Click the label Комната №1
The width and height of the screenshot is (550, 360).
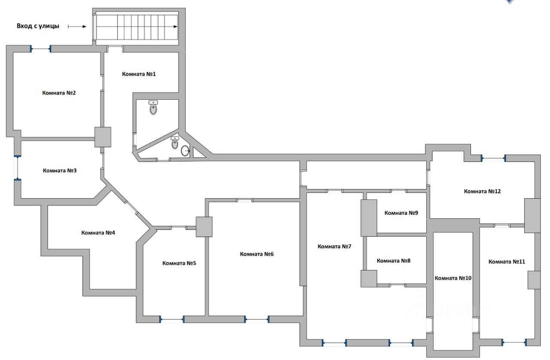point(139,74)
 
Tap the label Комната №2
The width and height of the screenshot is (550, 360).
point(59,93)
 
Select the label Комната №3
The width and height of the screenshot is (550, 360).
point(60,171)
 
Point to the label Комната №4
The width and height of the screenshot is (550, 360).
point(98,233)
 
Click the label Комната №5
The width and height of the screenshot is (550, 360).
point(179,263)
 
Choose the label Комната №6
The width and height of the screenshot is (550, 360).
point(257,254)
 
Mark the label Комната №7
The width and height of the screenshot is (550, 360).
point(334,246)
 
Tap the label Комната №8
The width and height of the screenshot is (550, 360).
point(394,260)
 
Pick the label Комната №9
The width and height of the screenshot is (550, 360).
point(401,213)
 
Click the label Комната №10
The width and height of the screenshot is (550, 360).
point(453,278)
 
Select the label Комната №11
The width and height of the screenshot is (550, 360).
point(507,261)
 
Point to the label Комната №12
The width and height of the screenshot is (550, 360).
point(482,191)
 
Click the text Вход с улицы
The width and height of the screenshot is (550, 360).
point(38,26)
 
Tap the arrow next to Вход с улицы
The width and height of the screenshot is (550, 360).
point(77,26)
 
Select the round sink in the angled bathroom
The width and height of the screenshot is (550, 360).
point(185,151)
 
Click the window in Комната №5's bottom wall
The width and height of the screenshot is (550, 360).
point(172,319)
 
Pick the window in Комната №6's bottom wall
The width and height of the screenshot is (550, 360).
point(257,319)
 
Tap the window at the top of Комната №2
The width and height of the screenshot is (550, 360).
point(41,49)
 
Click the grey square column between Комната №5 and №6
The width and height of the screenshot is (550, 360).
point(204,226)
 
